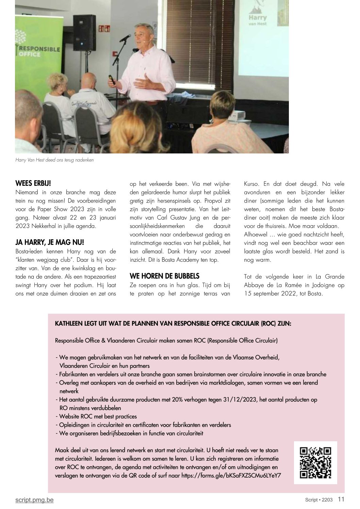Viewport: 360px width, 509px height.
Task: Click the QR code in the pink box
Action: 315,463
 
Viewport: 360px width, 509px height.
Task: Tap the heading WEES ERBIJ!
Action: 33,183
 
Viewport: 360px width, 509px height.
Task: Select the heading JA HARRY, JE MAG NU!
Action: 49,243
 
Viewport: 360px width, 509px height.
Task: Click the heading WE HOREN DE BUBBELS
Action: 164,276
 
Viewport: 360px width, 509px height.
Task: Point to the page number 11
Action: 341,499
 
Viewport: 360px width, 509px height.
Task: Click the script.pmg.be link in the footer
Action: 34,500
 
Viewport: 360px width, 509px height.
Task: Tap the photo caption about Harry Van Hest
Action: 54,160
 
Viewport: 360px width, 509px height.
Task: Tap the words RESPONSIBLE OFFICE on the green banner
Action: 38,51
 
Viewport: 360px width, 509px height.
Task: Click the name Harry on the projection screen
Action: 258,17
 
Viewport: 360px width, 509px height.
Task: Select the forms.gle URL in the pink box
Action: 231,475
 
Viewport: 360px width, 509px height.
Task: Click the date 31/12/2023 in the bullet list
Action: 230,399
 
